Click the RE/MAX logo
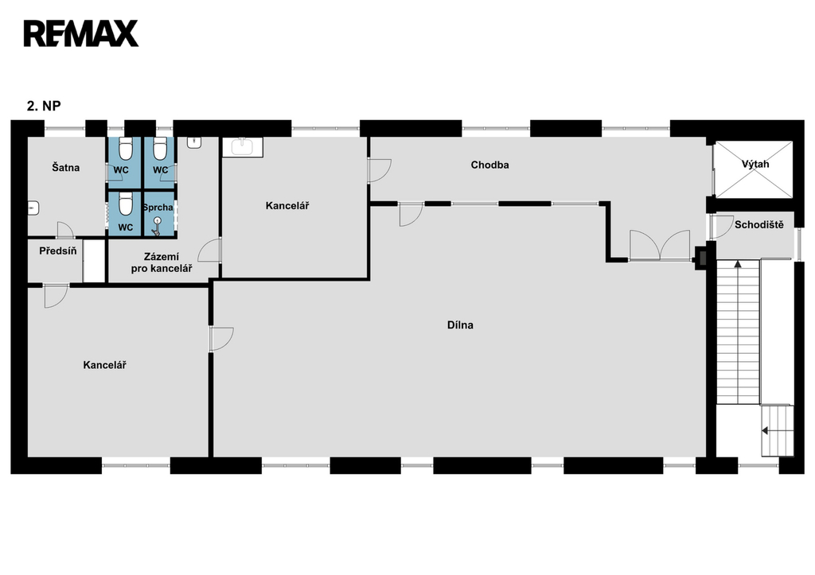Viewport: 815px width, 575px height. [81, 33]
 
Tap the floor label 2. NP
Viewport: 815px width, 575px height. [44, 106]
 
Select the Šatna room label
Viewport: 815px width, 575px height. [66, 167]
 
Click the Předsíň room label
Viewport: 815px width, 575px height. [57, 251]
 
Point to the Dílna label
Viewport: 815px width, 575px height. [460, 325]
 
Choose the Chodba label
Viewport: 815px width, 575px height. [489, 165]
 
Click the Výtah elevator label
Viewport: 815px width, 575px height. [755, 164]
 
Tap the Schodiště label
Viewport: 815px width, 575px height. [758, 225]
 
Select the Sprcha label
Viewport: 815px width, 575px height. [158, 208]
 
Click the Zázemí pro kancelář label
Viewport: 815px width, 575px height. [162, 262]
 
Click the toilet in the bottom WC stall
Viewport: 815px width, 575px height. [125, 204]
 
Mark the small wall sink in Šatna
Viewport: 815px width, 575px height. [33, 208]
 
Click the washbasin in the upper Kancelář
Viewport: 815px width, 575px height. [243, 147]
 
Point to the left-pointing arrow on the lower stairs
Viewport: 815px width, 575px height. [765, 430]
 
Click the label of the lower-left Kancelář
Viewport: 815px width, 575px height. [104, 365]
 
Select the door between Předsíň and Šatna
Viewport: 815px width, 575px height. [65, 231]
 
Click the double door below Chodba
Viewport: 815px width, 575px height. [660, 245]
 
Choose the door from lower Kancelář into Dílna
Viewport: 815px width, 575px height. [221, 339]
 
